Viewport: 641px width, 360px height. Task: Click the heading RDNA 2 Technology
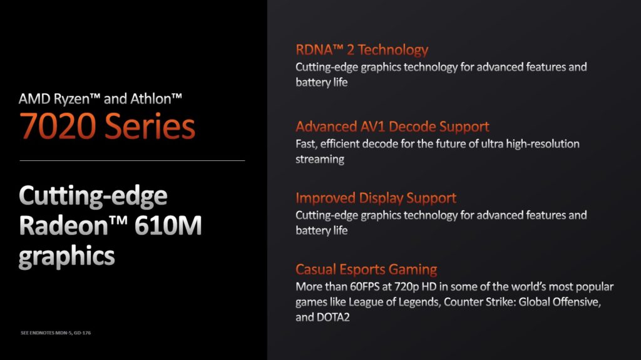362,50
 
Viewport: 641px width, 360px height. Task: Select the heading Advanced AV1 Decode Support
392,127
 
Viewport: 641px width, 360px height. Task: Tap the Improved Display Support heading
376,198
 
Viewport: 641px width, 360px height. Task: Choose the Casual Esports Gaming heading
366,270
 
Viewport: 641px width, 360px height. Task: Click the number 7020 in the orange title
58,126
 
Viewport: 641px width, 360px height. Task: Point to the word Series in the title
150,126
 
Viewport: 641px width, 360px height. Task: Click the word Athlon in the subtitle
156,98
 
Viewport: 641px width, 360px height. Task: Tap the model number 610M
168,225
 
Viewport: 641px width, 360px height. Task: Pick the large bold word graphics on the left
66,257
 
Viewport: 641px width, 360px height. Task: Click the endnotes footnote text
56,332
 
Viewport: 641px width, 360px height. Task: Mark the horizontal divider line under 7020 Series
132,160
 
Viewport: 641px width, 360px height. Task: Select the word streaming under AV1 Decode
320,159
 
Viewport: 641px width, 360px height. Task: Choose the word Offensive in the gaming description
577,302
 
